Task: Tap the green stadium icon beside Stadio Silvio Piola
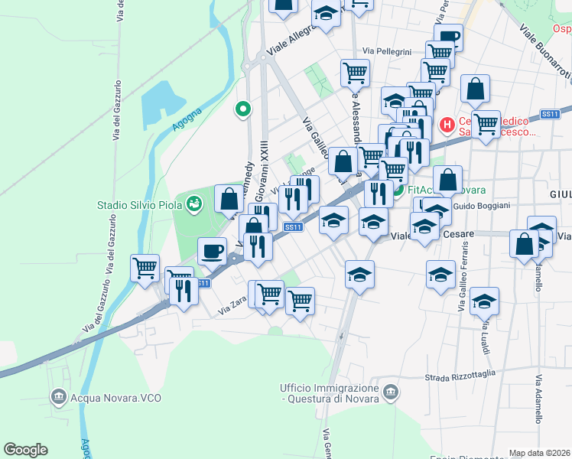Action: click(x=196, y=203)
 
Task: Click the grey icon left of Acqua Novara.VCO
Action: click(x=59, y=397)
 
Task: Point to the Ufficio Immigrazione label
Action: click(x=330, y=392)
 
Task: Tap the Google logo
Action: click(x=25, y=450)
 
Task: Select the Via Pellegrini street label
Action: click(x=388, y=51)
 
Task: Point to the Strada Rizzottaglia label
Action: click(x=460, y=375)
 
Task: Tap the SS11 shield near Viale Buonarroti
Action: click(x=550, y=114)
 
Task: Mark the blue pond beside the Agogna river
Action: click(x=163, y=99)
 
